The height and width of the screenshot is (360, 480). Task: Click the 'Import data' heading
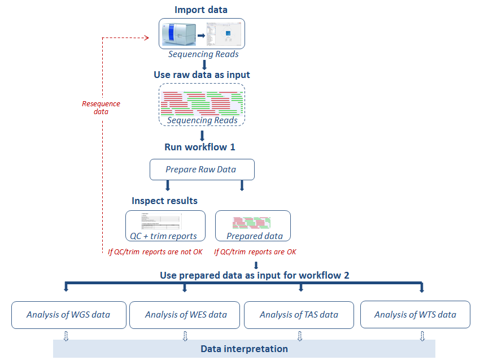202,10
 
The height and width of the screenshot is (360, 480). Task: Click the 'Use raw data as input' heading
202,75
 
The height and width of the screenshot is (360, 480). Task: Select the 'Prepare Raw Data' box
202,170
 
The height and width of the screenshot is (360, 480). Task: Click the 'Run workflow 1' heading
199,147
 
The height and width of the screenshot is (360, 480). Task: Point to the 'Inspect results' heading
165,201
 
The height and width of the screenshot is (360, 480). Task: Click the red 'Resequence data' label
101,107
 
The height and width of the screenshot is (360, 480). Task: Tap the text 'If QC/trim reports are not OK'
155,251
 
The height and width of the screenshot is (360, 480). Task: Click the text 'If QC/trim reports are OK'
255,251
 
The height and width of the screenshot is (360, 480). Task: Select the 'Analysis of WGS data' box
68,315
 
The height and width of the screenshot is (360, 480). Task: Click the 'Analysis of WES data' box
186,315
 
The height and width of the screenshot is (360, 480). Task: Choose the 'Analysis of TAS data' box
299,315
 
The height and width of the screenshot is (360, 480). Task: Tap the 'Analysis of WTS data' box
415,315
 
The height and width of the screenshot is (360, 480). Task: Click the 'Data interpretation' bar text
244,349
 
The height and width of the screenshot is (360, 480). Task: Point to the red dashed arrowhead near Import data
146,38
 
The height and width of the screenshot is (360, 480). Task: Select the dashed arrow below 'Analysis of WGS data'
66,336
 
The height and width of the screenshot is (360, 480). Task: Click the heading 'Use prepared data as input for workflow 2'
255,275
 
